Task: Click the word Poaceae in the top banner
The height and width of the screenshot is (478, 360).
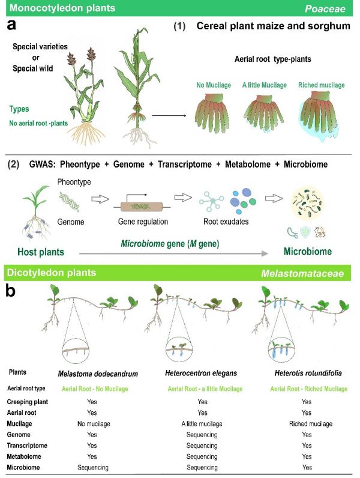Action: point(325,8)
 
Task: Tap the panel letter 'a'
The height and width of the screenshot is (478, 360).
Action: point(11,25)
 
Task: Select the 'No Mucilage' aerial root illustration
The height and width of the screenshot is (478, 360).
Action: point(212,113)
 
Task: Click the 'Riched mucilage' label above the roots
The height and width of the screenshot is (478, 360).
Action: point(322,85)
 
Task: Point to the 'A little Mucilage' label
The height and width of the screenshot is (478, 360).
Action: point(265,85)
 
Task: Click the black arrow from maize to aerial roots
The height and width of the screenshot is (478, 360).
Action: point(169,115)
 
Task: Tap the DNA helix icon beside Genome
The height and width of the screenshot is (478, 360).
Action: point(70,201)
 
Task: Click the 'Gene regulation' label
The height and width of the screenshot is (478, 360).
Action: point(143,222)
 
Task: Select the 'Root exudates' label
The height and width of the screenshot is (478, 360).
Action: point(226,222)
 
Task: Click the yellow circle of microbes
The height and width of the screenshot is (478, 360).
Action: point(308,203)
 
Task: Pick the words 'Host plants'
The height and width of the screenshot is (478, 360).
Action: point(41,252)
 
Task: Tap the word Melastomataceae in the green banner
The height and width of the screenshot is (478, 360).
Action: point(302,273)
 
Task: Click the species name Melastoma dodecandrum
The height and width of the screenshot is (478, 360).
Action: point(98,374)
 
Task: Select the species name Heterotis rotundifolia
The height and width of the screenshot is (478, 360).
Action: point(308,373)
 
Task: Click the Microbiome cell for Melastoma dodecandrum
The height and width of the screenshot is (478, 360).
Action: point(93,467)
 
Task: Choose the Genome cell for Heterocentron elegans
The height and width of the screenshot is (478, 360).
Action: point(202,435)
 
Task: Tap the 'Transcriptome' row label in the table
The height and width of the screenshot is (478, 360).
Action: point(27,446)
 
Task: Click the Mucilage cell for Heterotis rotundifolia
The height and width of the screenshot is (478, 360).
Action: point(311,424)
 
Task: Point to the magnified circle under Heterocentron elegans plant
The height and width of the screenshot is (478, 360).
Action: point(179,350)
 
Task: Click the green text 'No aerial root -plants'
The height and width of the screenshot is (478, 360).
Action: point(38,123)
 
